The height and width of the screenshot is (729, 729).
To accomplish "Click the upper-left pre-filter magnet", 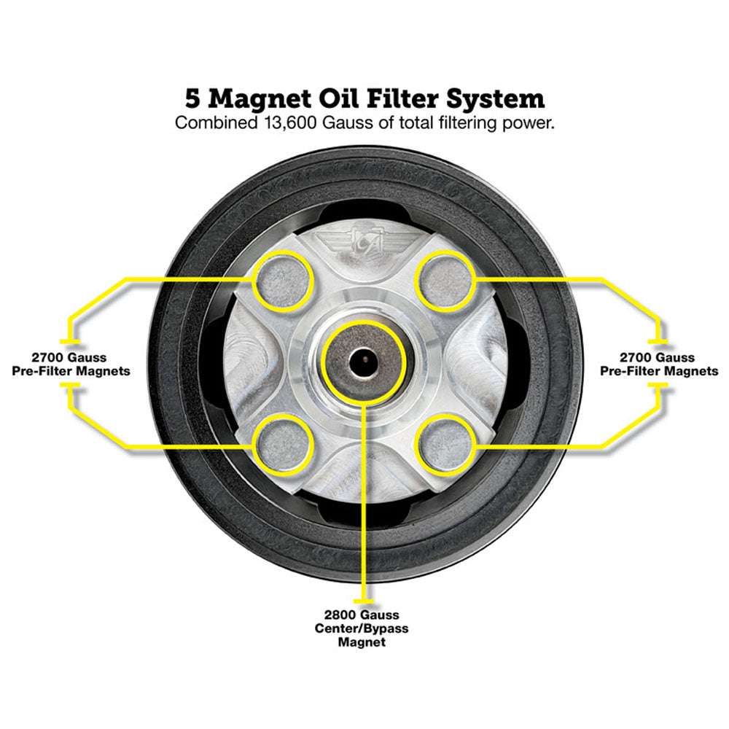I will [x=284, y=281].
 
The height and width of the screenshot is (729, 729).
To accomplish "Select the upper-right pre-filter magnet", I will [x=445, y=281].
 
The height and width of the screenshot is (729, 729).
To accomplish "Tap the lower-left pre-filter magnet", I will [x=284, y=444].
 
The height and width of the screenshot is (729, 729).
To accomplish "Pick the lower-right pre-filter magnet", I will [x=445, y=444].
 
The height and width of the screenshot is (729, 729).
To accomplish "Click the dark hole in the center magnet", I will [x=363, y=359].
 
